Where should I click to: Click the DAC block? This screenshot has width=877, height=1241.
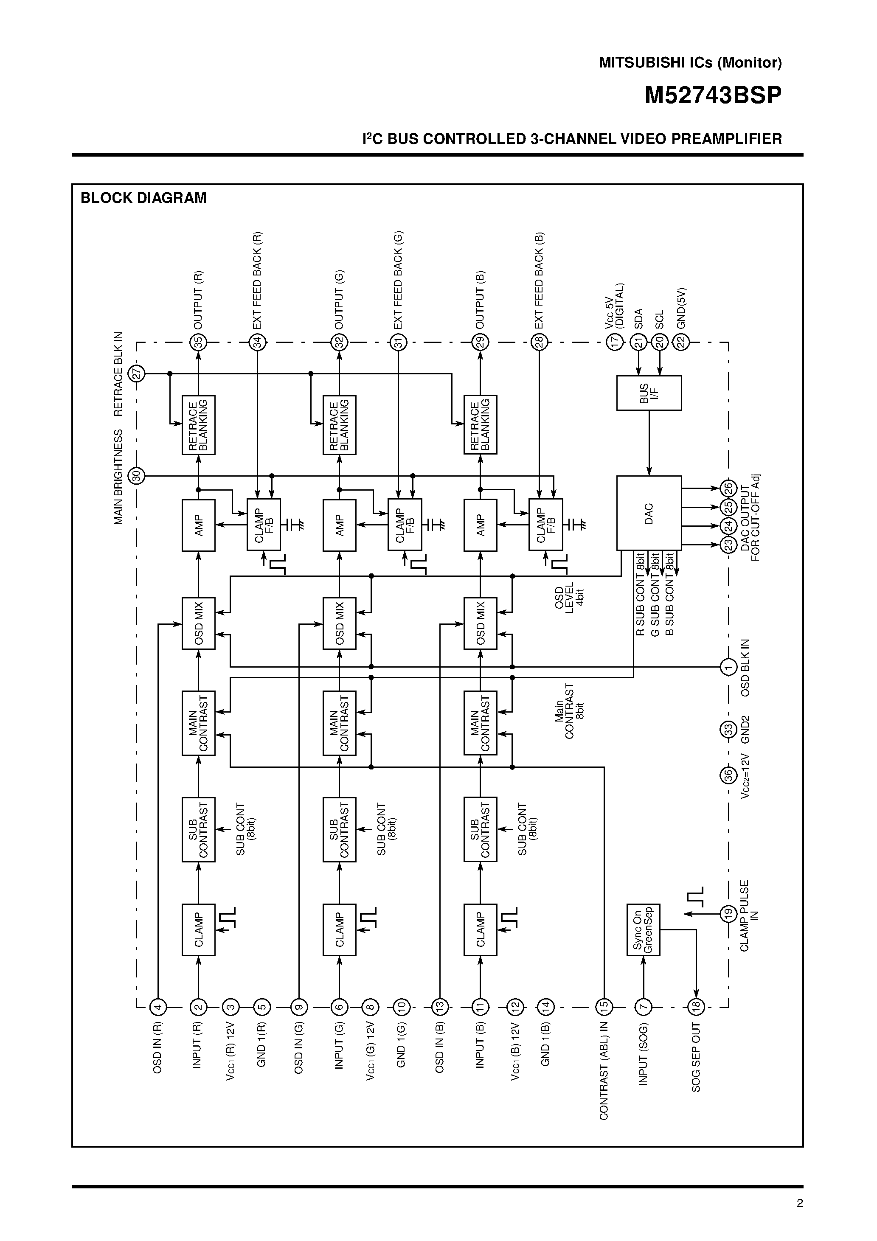coord(649,513)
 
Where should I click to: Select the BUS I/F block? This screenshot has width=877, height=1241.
coord(649,393)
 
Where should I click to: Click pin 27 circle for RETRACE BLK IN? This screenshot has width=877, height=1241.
coord(137,373)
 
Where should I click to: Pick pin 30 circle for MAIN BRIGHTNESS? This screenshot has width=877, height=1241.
coord(137,476)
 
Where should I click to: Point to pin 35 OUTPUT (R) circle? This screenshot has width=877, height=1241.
coord(198,342)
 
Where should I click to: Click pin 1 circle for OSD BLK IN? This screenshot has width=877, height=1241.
coord(728,667)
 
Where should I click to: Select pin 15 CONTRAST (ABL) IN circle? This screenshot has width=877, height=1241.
coord(603,1006)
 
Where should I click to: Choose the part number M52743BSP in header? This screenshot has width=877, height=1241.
coord(713,95)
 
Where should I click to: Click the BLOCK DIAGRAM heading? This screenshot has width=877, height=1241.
coord(143,198)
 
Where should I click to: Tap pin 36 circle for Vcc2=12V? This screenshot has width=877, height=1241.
coord(728,775)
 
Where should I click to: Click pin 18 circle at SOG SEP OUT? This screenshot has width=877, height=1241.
coord(696,1006)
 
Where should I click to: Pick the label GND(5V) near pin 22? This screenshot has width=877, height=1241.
coord(681,308)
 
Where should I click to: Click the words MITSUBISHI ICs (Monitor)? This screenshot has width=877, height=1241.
coord(690,63)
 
